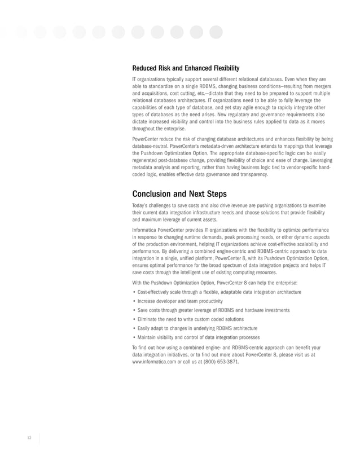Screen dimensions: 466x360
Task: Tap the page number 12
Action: (x=29, y=438)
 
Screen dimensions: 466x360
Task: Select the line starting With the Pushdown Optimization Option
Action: (x=215, y=282)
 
